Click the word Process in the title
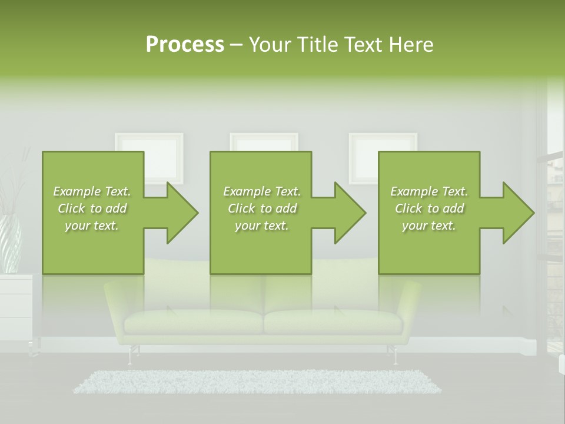click(x=185, y=45)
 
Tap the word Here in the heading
click(x=411, y=45)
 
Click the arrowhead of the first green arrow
click(x=181, y=213)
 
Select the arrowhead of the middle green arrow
click(x=349, y=213)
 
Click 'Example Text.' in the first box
click(x=92, y=191)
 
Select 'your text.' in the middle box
click(x=261, y=226)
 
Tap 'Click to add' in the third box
click(x=429, y=208)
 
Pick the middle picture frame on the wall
click(x=264, y=142)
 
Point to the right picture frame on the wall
click(x=383, y=142)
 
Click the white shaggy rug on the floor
click(x=257, y=382)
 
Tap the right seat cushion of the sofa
click(x=333, y=322)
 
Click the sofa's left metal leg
click(x=131, y=355)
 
